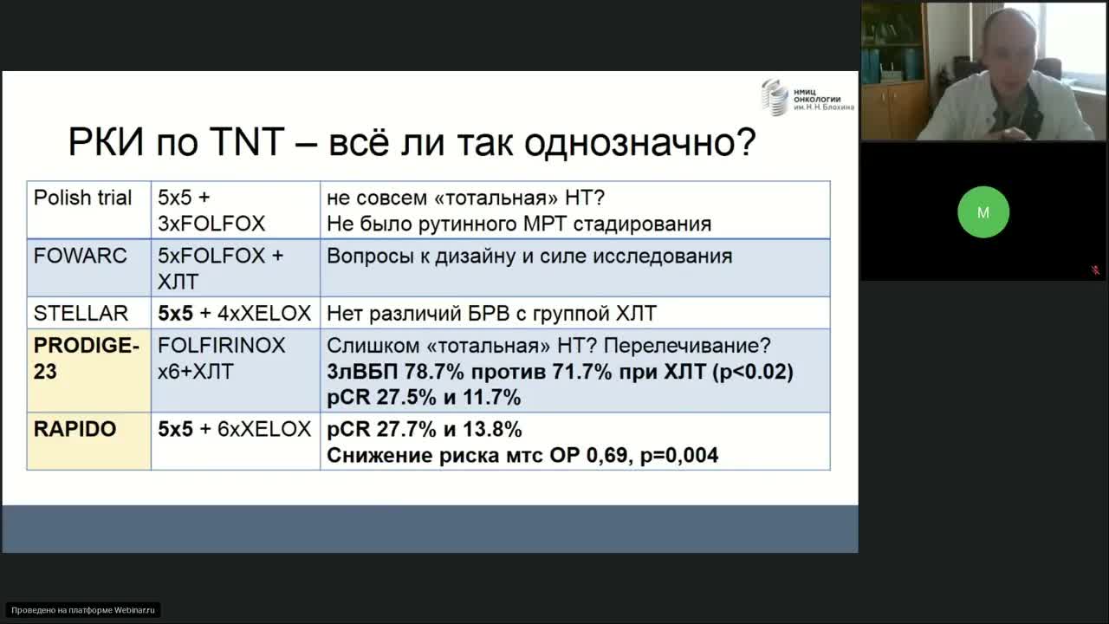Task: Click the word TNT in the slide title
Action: point(243,143)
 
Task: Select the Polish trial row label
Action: point(82,198)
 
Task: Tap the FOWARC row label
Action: point(80,256)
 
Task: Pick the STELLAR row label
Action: point(81,313)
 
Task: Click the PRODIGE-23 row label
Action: point(86,358)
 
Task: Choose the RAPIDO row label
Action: point(75,429)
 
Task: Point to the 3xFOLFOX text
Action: point(211,224)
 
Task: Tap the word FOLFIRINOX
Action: point(221,345)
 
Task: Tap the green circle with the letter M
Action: point(983,212)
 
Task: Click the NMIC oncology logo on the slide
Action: point(807,96)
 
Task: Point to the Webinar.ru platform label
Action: point(84,610)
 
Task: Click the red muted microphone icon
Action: point(1095,270)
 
